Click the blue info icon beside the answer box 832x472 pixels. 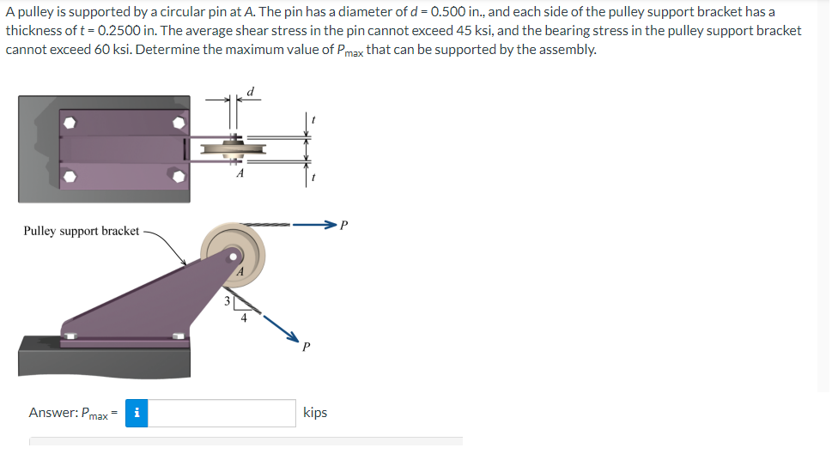pos(137,413)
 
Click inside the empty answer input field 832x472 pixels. pos(224,413)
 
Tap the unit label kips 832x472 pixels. pos(315,413)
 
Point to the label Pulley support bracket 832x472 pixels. pos(81,231)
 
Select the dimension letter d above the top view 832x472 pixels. pos(250,91)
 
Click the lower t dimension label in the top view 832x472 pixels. pos(314,178)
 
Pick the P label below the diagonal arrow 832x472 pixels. pos(305,348)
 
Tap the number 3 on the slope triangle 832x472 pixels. pos(227,301)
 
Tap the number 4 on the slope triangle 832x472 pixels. pos(244,318)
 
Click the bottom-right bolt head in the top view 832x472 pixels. pos(179,177)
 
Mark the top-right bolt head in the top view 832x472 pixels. pos(179,123)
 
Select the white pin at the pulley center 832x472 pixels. pos(233,256)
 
